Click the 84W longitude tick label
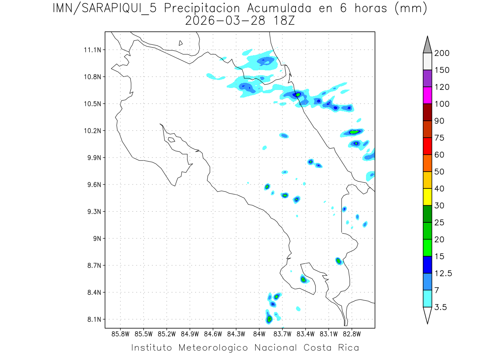tap(259, 334)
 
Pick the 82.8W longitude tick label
tap(352, 334)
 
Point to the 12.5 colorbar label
tap(443, 273)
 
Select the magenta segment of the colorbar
tap(427, 95)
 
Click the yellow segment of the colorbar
tap(427, 197)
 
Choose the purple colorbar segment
tap(427, 78)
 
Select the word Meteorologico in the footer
tap(216, 348)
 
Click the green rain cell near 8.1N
tap(270, 319)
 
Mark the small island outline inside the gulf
tap(171, 140)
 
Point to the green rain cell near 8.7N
tap(338, 261)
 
